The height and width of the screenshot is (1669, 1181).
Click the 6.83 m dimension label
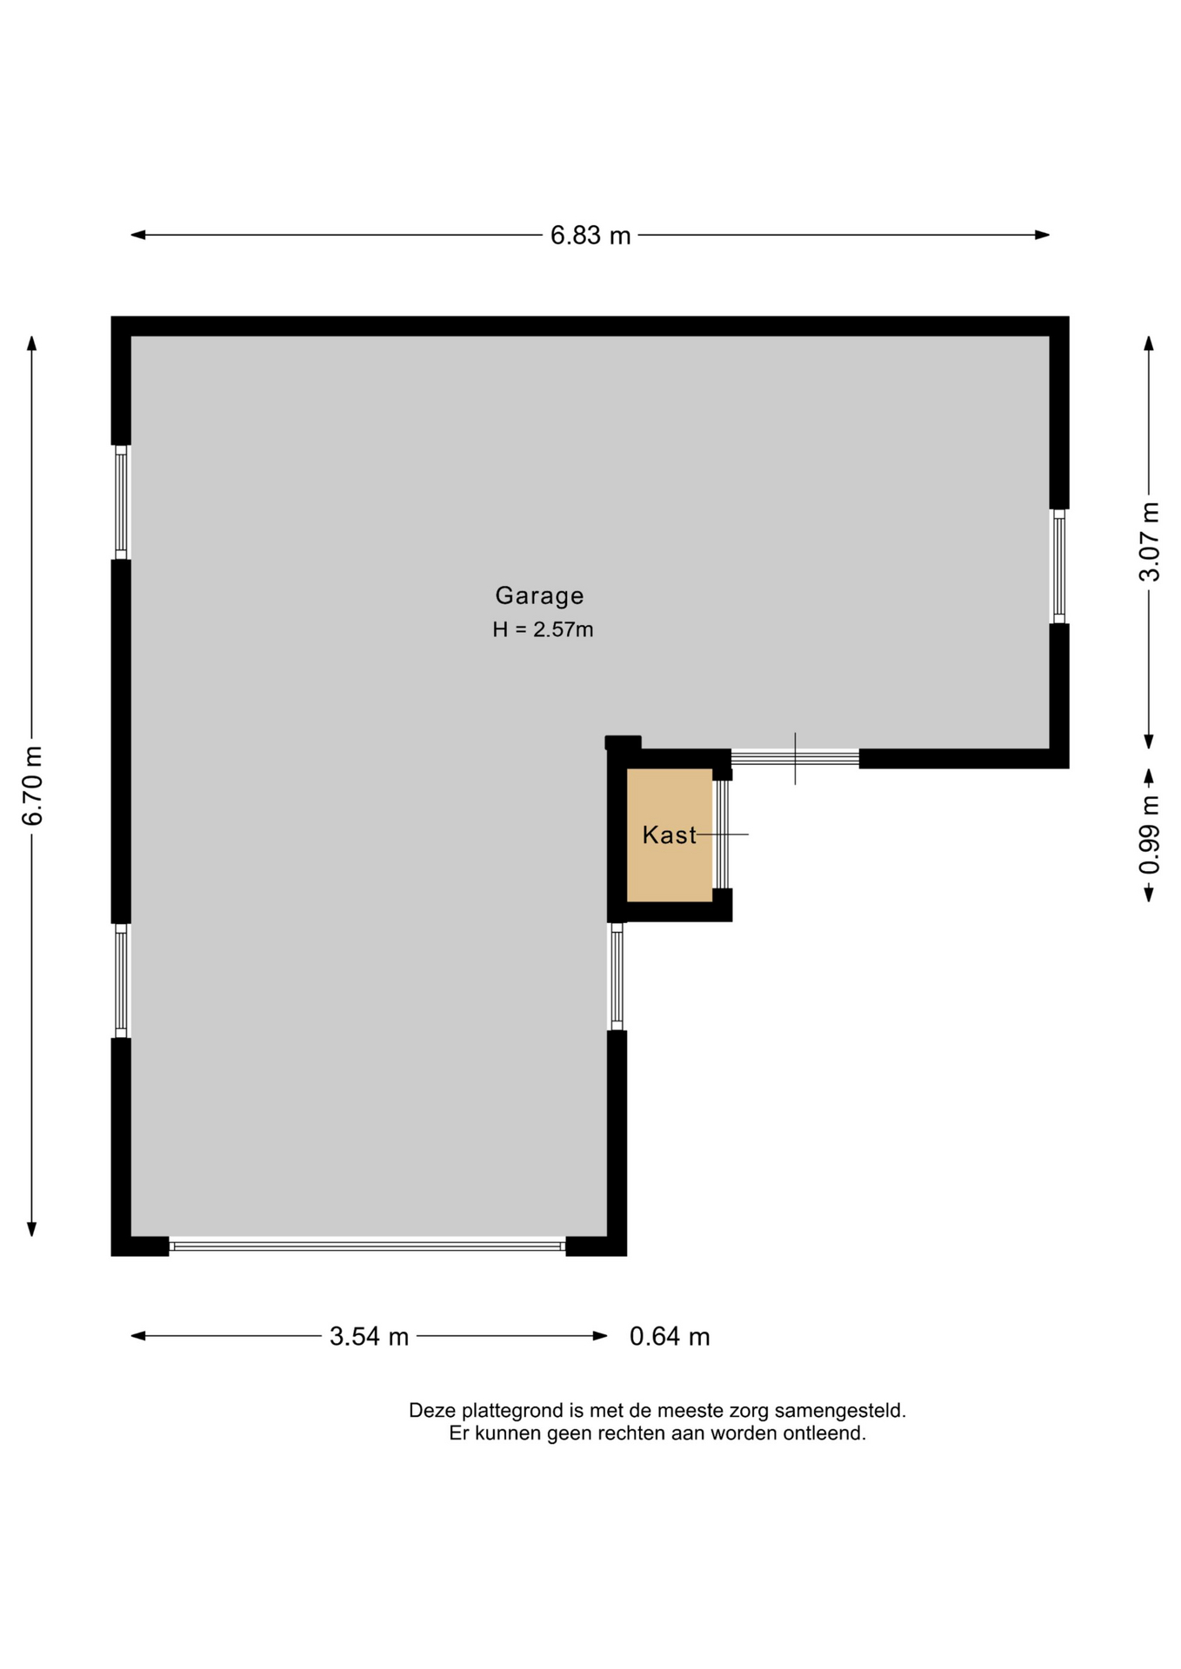tap(590, 236)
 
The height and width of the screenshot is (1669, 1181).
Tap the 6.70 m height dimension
tap(32, 786)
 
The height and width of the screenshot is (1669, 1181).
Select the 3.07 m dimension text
tap(1149, 542)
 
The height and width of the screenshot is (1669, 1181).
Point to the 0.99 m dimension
tap(1149, 835)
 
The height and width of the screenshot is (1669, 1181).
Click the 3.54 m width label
tap(369, 1336)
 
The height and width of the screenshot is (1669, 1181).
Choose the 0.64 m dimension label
tap(670, 1336)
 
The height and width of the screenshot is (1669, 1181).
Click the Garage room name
tap(539, 595)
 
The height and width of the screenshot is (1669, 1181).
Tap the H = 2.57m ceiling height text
tap(543, 629)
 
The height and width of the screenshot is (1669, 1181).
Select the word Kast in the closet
tap(669, 835)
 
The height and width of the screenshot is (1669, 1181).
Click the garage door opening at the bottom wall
tap(367, 1246)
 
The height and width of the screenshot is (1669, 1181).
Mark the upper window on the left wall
tap(121, 502)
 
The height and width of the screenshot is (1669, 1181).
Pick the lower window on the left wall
tap(121, 981)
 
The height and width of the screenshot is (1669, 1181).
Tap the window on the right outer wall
tap(1058, 566)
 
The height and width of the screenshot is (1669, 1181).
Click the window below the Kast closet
tap(617, 976)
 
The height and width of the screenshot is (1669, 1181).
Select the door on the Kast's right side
tap(722, 834)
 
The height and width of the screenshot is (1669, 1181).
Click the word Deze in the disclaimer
tap(433, 1410)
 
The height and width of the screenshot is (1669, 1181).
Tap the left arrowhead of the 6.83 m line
tap(137, 235)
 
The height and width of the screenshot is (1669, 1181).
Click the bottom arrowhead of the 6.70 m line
tap(32, 1229)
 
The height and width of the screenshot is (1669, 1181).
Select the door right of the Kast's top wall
tap(795, 758)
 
